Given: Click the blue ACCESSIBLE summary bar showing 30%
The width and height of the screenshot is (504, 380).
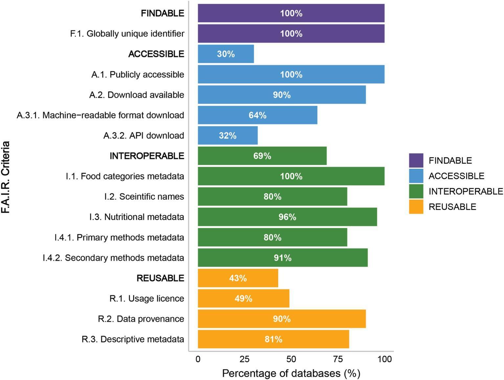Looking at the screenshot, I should coord(226,54).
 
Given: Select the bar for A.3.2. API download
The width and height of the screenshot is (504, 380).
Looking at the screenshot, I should coord(228,135).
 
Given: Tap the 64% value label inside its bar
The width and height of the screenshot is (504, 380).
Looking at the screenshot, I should coord(257,115).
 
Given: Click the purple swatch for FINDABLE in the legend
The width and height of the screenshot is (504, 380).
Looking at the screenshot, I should coord(416,160).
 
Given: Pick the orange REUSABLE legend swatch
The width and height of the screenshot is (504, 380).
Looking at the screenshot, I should coord(416,207).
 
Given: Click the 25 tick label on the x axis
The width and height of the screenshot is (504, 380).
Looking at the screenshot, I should coord(244,359).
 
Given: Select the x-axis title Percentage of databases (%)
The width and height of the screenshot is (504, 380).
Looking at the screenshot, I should coord(291,373).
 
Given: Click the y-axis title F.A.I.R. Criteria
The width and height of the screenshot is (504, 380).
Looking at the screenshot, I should coord(6,177).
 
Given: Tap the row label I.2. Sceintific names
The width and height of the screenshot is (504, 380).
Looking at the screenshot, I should coord(144,197).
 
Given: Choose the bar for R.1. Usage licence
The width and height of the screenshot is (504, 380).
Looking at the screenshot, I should coord(243,298).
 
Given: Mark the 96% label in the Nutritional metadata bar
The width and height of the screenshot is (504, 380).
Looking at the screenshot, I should coord(287,217).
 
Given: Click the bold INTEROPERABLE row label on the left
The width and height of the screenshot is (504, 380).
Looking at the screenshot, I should coord(147,156).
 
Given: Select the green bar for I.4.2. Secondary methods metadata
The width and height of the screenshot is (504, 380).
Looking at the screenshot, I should coord(282,258).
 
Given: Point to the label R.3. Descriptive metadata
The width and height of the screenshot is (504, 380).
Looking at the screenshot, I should coord(133,339).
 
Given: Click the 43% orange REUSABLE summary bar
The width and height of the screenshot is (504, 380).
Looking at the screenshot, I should coord(238,278).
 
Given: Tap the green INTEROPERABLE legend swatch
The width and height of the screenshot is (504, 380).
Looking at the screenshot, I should coord(416,191).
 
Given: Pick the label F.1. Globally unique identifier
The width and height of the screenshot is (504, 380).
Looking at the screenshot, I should coord(127,34).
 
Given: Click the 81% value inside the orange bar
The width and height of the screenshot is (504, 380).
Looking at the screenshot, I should coord(273,339).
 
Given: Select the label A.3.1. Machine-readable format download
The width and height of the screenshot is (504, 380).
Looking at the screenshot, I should coord(100,115).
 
